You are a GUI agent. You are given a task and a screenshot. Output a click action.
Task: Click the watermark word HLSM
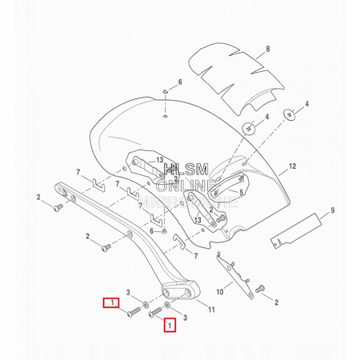[x=185, y=171]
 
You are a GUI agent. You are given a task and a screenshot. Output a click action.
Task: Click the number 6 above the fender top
[x=180, y=82]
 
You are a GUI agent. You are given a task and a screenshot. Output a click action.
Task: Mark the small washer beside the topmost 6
[x=164, y=93]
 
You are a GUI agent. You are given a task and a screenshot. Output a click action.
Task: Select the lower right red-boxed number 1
[x=170, y=325]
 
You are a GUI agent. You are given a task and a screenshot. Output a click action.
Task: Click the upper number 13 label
[x=160, y=159]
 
